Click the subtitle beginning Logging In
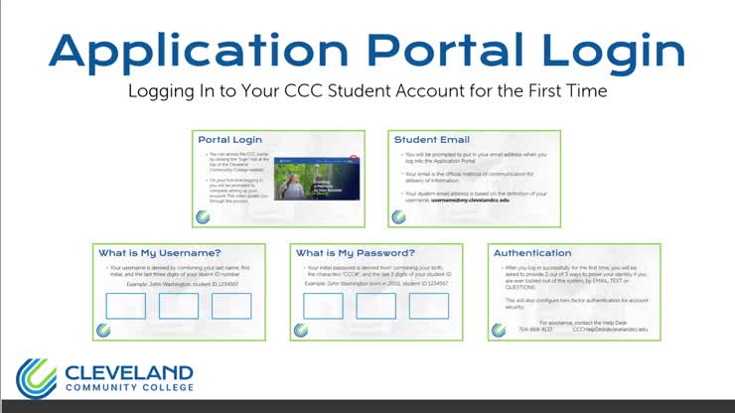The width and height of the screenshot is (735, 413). pos(367,91)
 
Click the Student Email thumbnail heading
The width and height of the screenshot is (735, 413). pos(432,140)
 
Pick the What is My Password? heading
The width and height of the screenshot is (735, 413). pos(356,253)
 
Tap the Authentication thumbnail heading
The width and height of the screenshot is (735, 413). pos(532,253)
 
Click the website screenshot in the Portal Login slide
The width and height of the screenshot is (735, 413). pos(316,176)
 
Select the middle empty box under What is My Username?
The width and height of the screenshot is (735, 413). pos(179,306)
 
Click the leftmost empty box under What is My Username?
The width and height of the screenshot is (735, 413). pos(126,306)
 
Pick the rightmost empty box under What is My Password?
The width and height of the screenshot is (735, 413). pos(429,306)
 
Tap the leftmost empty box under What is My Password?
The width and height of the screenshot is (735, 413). pos(324,306)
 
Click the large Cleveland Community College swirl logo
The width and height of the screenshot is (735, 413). pos(36,378)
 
